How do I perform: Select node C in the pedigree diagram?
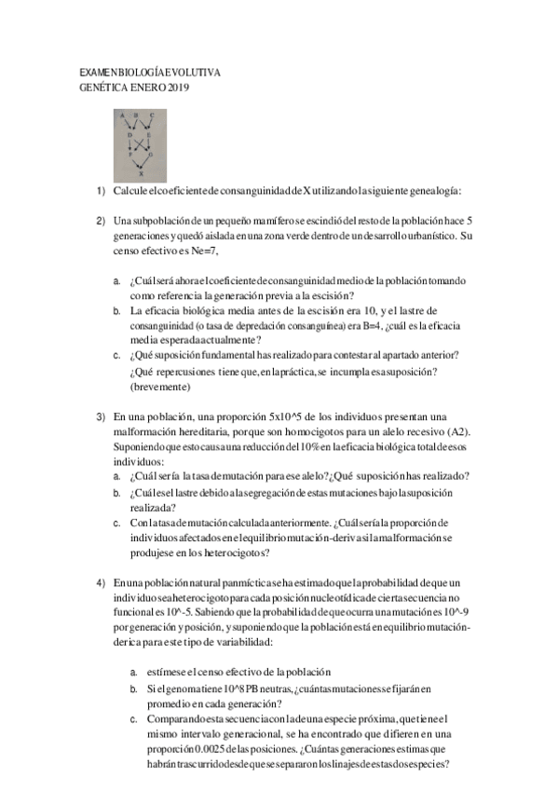point(153,116)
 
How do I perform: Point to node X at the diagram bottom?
point(141,174)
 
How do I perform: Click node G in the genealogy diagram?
point(151,154)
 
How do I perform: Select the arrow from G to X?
point(146,164)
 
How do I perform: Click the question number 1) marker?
point(101,191)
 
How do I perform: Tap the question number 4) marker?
point(101,582)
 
